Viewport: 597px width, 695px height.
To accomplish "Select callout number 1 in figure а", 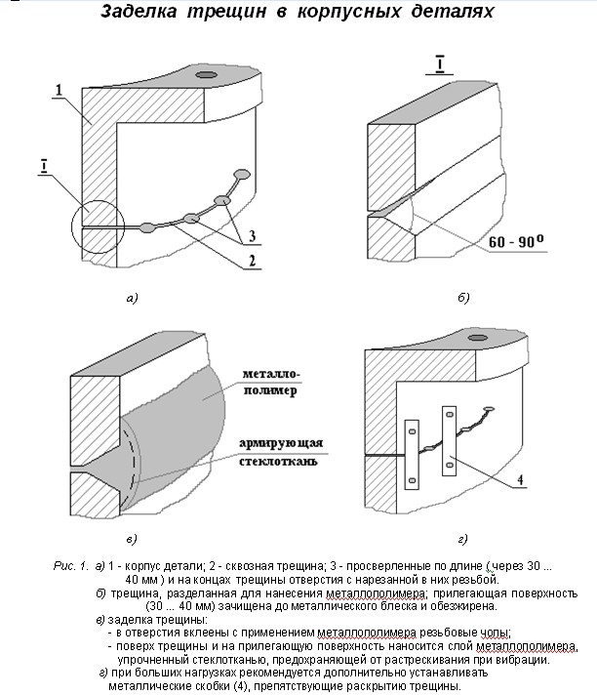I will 60,91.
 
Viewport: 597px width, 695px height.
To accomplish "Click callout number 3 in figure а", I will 251,236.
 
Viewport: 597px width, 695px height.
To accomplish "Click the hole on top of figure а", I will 205,74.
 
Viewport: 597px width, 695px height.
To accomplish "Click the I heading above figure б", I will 440,67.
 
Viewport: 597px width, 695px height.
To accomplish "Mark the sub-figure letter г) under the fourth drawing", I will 462,538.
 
